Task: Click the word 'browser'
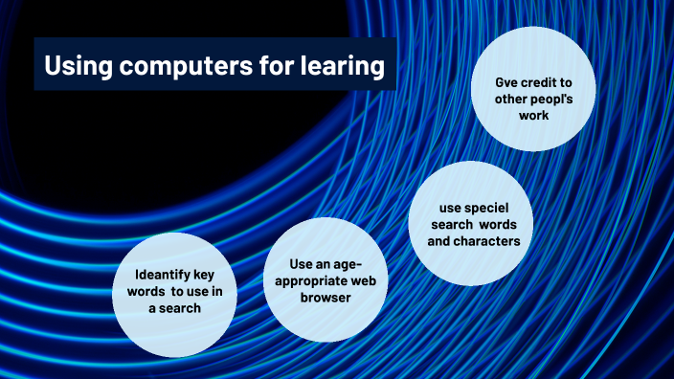[x=326, y=298]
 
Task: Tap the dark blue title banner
[x=214, y=65]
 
